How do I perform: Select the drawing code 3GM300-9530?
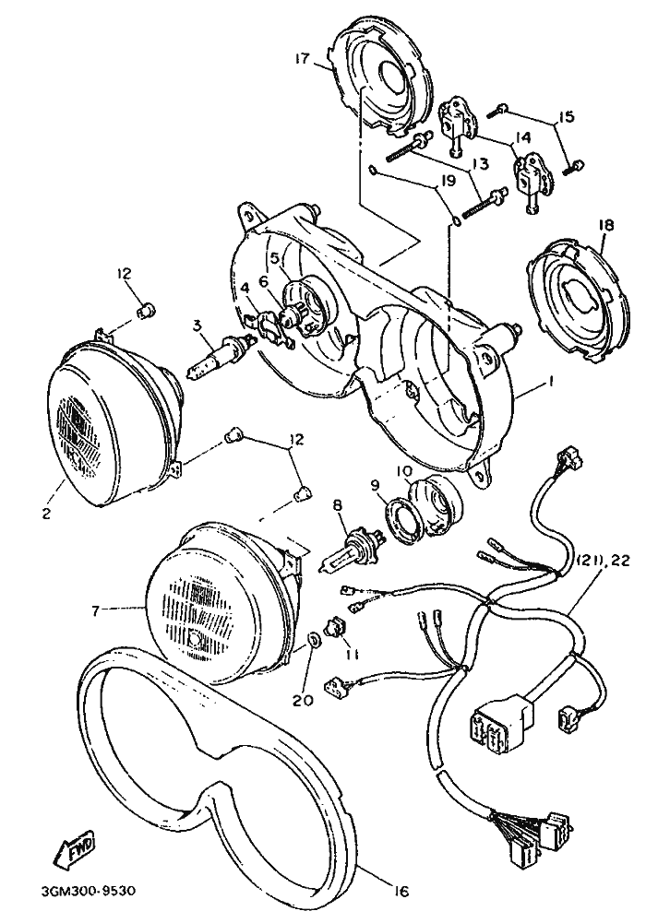click(90, 891)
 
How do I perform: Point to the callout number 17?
click(304, 59)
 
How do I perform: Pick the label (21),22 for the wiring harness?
click(604, 561)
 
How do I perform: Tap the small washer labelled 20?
click(315, 639)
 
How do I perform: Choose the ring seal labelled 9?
click(401, 517)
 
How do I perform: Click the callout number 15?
click(566, 116)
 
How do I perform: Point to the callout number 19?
click(449, 181)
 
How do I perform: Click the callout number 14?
click(522, 137)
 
